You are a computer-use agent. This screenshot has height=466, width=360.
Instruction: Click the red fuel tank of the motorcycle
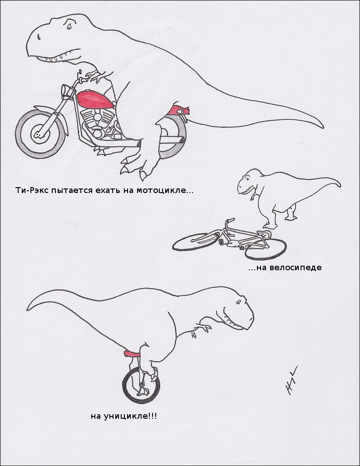click(x=95, y=100)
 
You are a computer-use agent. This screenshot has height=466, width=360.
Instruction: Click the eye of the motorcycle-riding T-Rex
click(x=69, y=26)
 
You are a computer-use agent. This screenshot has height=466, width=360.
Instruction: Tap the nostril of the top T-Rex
click(x=39, y=37)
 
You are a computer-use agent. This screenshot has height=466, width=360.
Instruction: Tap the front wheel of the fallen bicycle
click(x=266, y=249)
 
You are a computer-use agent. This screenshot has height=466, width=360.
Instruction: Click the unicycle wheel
click(x=141, y=385)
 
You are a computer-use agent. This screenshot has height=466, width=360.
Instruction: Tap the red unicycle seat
click(x=132, y=354)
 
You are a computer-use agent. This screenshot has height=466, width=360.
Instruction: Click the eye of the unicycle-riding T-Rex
click(x=238, y=302)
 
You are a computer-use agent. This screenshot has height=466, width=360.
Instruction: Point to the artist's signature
click(x=290, y=380)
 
